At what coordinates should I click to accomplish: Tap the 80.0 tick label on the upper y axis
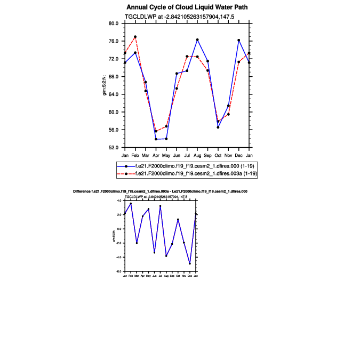113,23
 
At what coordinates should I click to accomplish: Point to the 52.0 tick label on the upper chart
113,148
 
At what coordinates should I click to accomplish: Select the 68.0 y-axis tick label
113,77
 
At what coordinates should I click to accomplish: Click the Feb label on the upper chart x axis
135,155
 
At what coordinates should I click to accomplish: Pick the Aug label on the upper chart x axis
197,155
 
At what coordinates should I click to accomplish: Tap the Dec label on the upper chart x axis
238,155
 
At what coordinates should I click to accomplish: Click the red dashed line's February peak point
135,37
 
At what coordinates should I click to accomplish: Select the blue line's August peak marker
197,39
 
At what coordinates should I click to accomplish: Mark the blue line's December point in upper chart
238,40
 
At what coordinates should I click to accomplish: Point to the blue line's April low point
156,139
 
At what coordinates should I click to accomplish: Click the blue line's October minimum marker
218,127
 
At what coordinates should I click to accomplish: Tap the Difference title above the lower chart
160,191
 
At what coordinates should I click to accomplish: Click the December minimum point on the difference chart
190,263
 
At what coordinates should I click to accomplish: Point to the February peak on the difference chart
131,204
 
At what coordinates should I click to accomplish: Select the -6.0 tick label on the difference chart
120,271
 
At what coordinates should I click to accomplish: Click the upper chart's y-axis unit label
106,85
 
